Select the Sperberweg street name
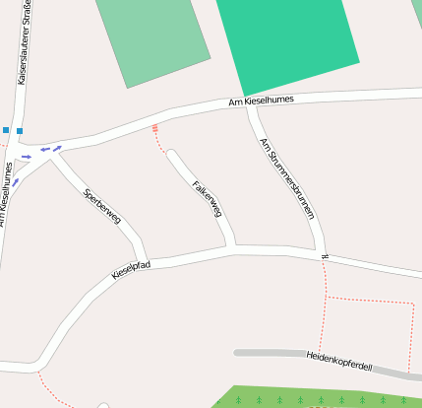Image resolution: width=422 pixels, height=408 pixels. pos(102,205)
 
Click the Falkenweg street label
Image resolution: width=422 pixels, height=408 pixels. pos(208,197)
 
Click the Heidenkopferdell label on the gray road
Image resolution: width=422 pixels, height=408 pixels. pos(338,361)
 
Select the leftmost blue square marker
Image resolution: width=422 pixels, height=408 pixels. pos(5,130)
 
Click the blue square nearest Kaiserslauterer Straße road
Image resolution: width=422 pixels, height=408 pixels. pos(20,130)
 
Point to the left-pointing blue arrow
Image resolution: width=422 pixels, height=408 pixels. pos(44,151)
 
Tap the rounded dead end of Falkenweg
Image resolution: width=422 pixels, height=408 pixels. pos(172,155)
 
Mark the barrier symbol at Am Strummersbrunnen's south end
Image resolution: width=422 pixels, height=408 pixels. pos(324,257)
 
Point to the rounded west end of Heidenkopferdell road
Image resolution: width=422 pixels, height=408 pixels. pos(237,352)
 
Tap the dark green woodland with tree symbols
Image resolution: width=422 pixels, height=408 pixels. pos(315,396)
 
